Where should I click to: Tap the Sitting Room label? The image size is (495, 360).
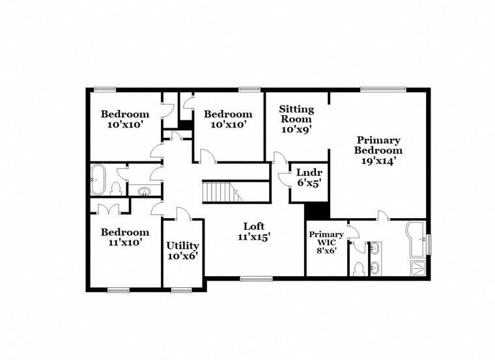296,114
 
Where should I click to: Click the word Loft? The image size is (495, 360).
253,227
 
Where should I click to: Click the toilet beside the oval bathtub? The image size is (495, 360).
117,188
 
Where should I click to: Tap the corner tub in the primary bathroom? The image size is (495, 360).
415,235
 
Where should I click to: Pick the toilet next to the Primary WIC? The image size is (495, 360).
358,268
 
